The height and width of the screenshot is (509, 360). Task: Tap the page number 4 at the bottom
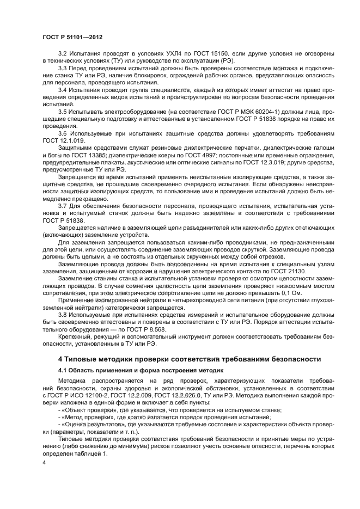[x=44, y=462]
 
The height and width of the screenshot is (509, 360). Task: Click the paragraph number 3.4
[x=63, y=89]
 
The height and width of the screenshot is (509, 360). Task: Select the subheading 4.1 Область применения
[x=122, y=370]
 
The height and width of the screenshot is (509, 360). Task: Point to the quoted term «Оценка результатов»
[x=89, y=423]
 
